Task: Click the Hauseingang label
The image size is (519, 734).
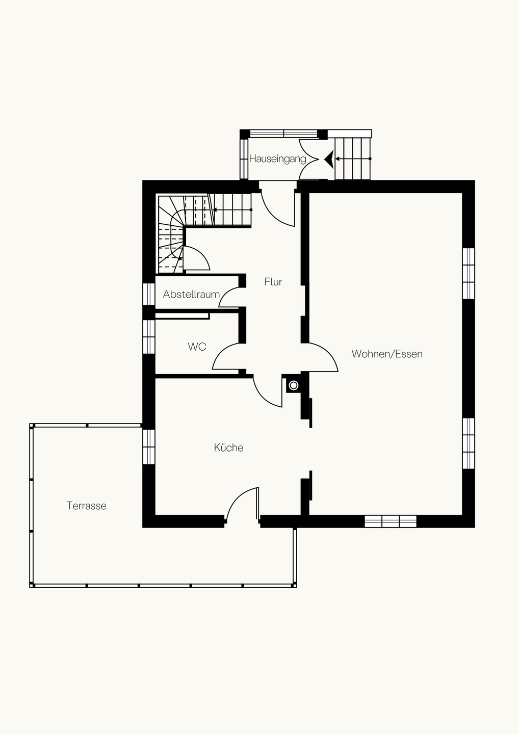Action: [277, 159]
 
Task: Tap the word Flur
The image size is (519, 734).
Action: [273, 282]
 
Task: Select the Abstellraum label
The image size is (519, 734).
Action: [191, 294]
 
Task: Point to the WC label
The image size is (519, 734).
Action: [197, 347]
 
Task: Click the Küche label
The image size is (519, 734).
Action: [228, 448]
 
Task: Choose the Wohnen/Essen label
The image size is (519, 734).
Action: [387, 354]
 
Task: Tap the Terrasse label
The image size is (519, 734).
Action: [87, 506]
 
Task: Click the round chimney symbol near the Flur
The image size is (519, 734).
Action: [294, 385]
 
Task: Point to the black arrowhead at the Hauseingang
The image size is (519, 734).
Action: [329, 159]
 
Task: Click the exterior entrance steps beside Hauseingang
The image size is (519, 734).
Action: [353, 159]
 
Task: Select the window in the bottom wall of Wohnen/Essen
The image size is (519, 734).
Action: [391, 521]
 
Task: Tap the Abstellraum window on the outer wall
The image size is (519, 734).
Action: [149, 294]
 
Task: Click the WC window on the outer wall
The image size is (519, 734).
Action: [149, 336]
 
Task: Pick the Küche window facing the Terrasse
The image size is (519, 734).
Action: [149, 447]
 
